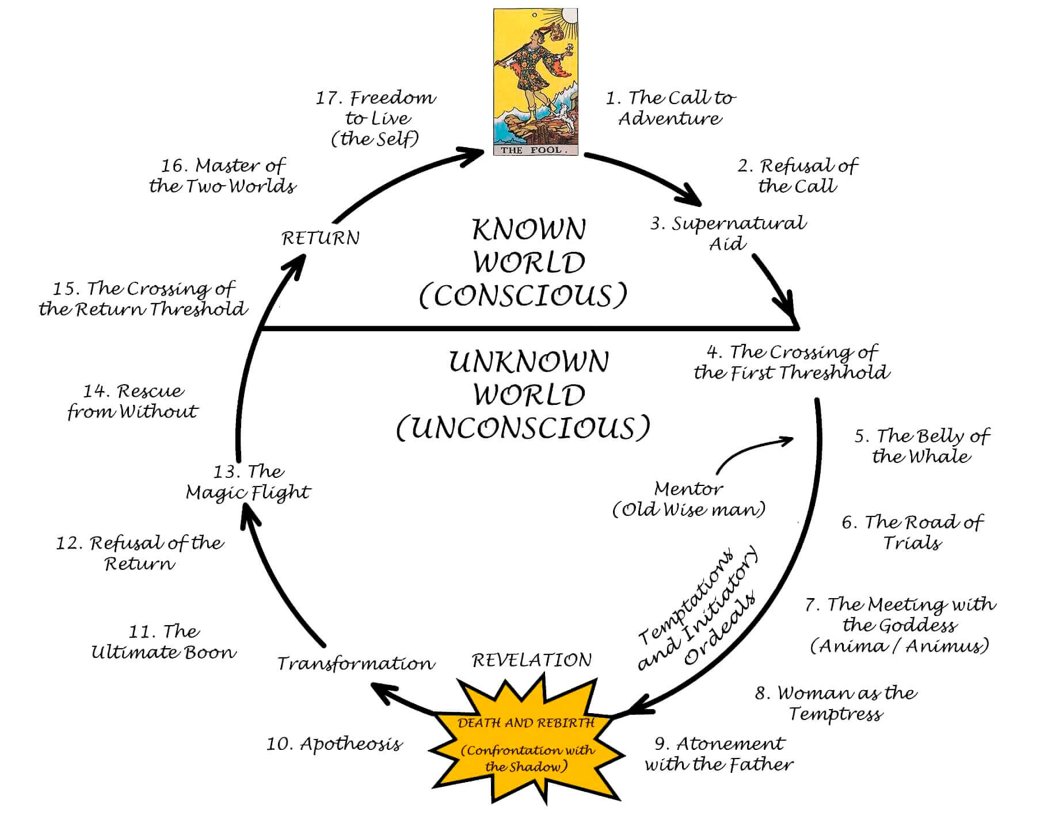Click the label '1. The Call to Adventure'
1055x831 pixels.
(x=671, y=108)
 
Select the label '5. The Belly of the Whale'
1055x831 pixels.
(x=921, y=446)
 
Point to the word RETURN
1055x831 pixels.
(x=321, y=238)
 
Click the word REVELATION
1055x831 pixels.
(x=532, y=660)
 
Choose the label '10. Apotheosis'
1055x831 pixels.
(x=334, y=744)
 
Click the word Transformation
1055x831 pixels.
(x=356, y=663)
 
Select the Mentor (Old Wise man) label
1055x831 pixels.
(x=689, y=499)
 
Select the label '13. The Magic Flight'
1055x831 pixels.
(x=247, y=482)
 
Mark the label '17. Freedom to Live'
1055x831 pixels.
(x=375, y=118)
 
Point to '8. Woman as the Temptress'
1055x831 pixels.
(x=836, y=703)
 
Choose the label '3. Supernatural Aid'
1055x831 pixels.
(x=728, y=232)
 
